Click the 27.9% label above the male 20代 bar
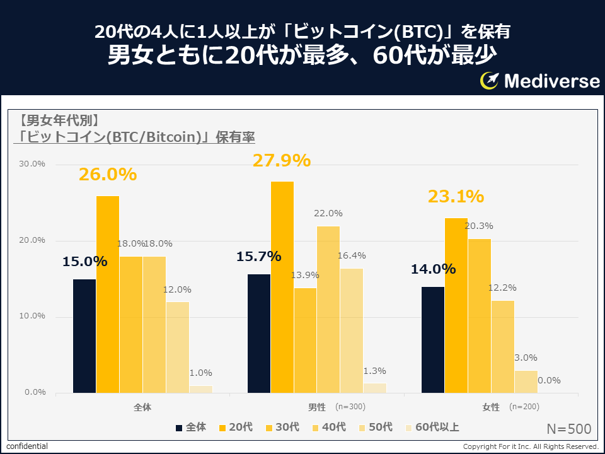pos(282,161)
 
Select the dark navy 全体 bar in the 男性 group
pos(258,334)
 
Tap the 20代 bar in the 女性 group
pos(456,305)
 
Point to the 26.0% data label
pos(108,175)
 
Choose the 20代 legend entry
pos(234,428)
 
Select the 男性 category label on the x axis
pos(316,407)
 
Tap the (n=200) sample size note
pos(524,407)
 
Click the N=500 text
pos(568,429)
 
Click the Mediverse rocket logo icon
pos(490,80)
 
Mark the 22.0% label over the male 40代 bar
pos(328,214)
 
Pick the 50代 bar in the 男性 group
pos(352,330)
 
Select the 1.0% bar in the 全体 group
pos(201,389)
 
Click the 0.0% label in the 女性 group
pos(549,381)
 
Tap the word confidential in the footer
pos(27,446)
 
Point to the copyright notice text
pos(530,446)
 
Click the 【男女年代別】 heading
pos(58,120)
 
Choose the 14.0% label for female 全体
pos(433,269)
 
